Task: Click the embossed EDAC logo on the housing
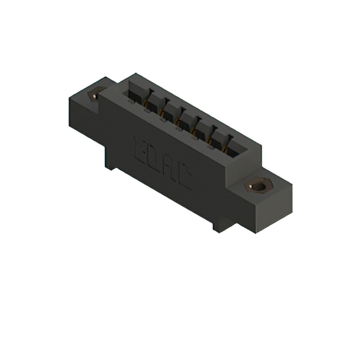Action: point(163,164)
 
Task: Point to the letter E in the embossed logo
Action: point(140,147)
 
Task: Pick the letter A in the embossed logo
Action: point(169,169)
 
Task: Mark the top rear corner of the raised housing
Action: point(134,73)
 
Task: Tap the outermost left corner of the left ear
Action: point(69,101)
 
